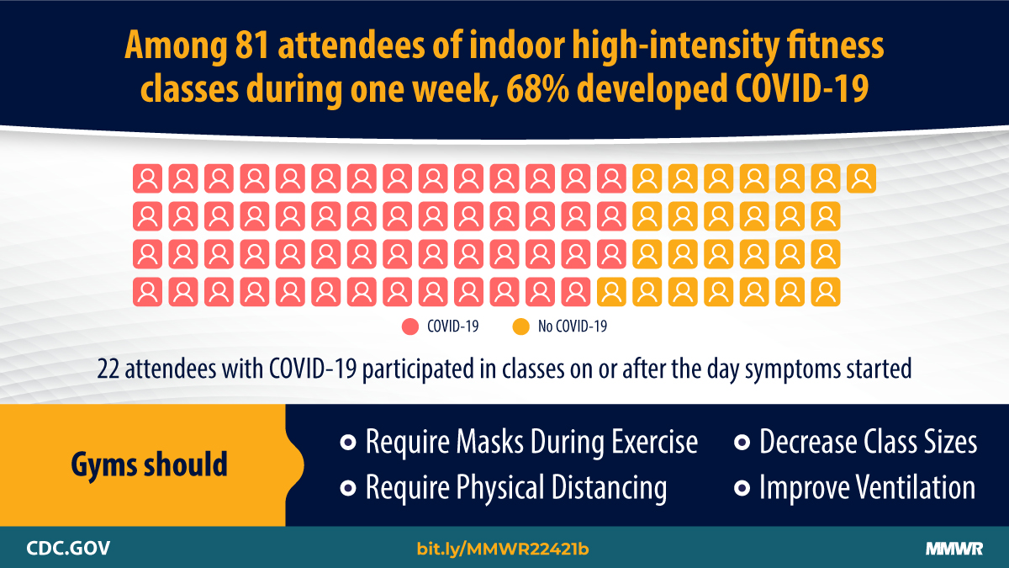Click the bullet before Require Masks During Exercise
coord(346,443)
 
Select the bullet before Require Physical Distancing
coord(346,488)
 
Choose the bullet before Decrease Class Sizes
coord(742,443)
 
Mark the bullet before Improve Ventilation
coord(742,488)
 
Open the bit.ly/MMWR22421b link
coord(503,549)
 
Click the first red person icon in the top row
coord(147,178)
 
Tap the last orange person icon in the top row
coord(862,178)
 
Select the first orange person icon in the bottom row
coord(611,292)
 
